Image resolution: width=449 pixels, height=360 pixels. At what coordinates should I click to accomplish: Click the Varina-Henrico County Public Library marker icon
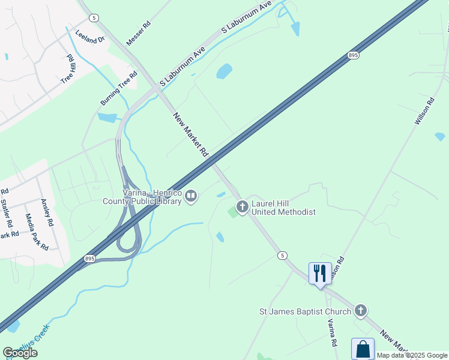click(191, 196)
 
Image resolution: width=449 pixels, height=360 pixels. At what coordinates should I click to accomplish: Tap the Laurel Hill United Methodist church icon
click(243, 208)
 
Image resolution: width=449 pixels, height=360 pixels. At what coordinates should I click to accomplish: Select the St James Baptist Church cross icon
click(360, 310)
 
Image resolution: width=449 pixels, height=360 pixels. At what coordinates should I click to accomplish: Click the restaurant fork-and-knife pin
click(319, 274)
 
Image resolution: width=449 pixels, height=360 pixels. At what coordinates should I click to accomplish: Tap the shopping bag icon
click(363, 349)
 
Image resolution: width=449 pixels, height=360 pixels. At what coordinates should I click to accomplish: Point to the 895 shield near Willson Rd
click(352, 55)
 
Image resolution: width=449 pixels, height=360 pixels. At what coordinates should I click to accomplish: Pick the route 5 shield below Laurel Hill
click(282, 256)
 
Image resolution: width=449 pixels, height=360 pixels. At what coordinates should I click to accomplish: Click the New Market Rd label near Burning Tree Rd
click(190, 136)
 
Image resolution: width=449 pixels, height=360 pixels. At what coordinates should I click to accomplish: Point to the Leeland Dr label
click(90, 35)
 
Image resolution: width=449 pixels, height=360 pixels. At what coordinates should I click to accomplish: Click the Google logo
click(20, 353)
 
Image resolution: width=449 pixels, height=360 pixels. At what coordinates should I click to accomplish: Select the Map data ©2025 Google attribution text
click(412, 355)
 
